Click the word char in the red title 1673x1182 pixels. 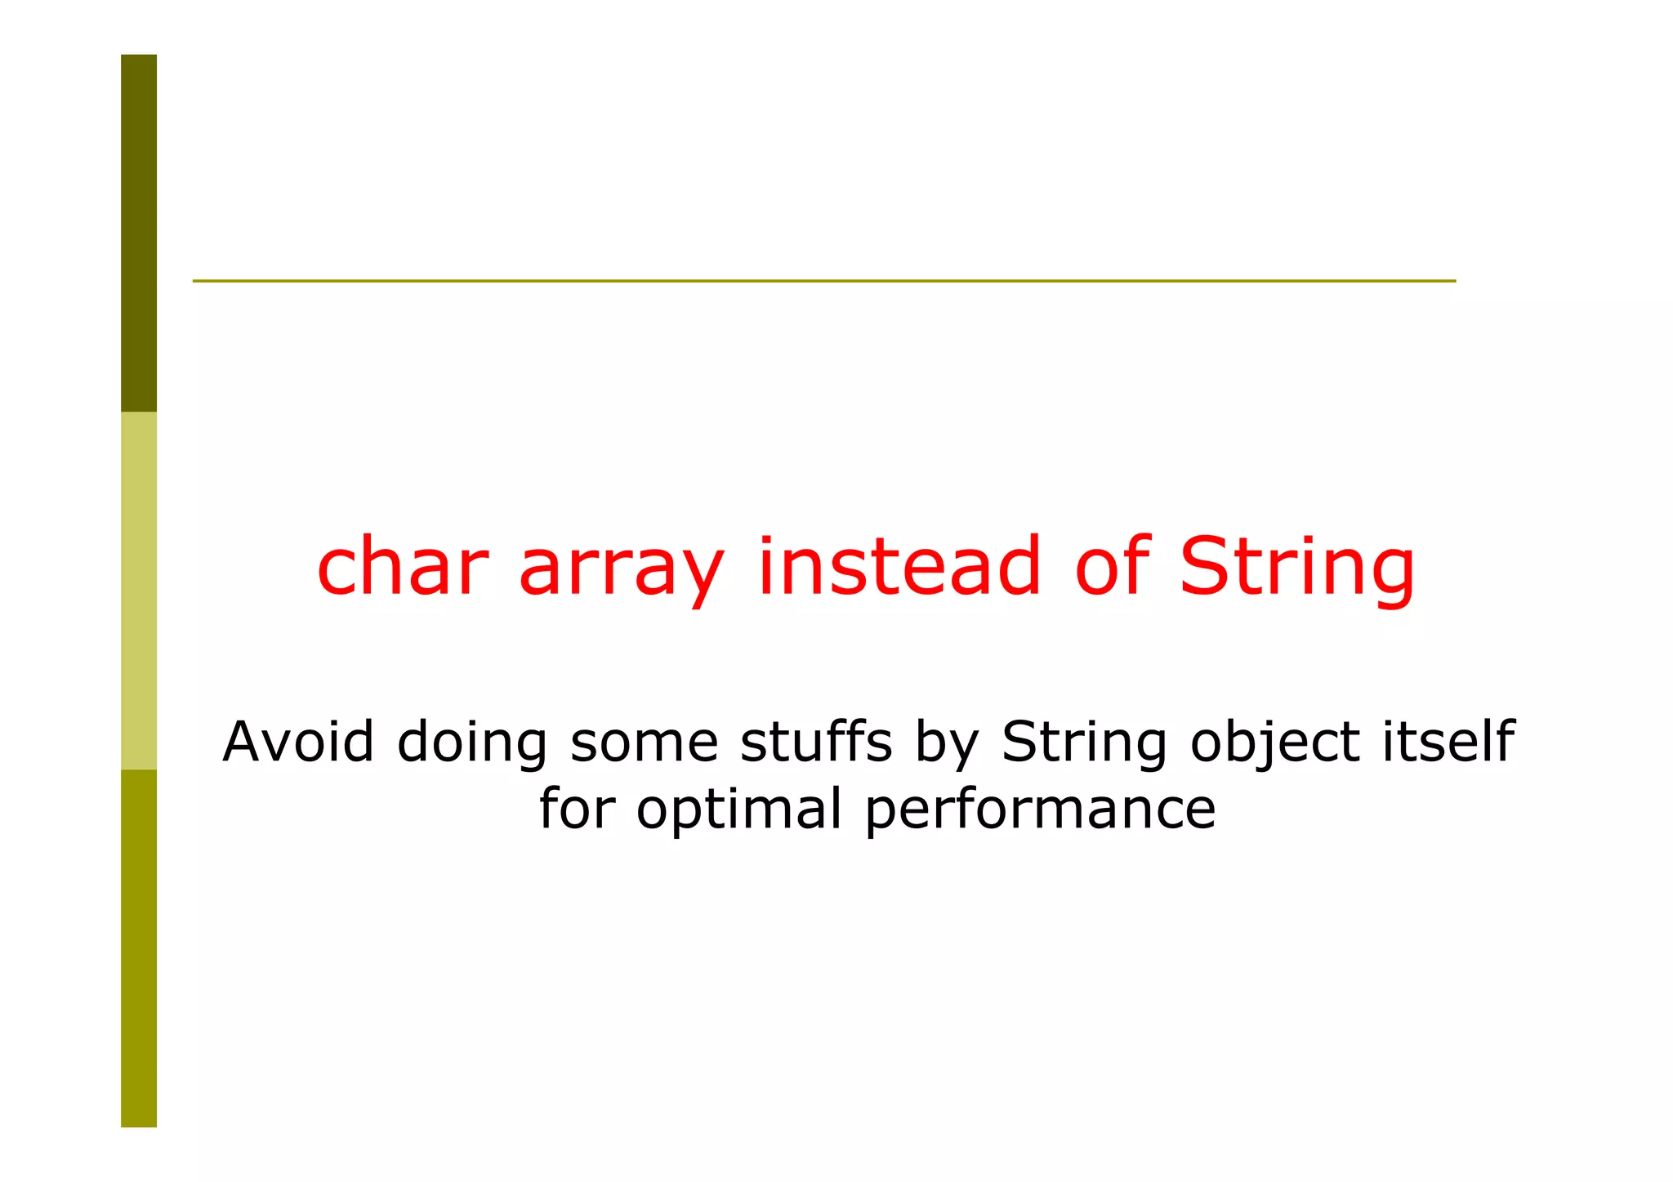(x=402, y=566)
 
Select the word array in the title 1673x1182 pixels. (x=621, y=572)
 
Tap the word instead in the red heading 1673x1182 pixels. (x=899, y=566)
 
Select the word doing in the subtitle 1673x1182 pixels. (x=471, y=745)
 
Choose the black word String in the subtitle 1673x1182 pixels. (x=1084, y=745)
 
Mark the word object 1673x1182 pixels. (x=1274, y=745)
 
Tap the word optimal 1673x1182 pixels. (x=738, y=812)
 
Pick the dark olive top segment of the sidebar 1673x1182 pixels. (x=139, y=233)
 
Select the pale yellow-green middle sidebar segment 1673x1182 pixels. (x=139, y=590)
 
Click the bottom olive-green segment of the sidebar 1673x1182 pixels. (x=139, y=948)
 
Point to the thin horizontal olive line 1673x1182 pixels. (x=823, y=281)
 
